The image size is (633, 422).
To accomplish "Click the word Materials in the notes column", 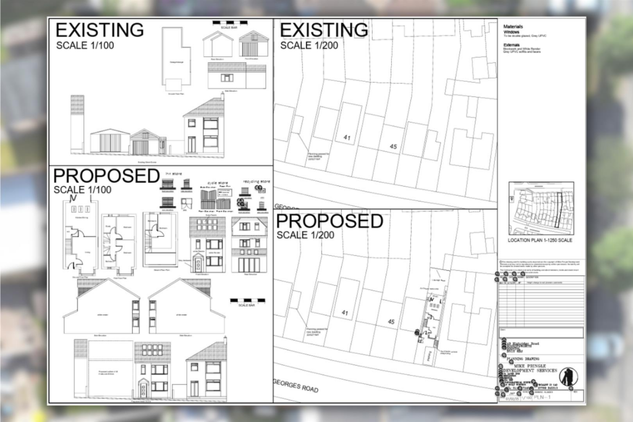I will [x=514, y=28].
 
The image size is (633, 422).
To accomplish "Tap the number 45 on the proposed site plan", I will [x=391, y=321].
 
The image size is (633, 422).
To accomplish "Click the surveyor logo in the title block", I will [x=567, y=377].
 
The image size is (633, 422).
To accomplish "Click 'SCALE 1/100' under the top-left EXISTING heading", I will [x=85, y=45].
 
